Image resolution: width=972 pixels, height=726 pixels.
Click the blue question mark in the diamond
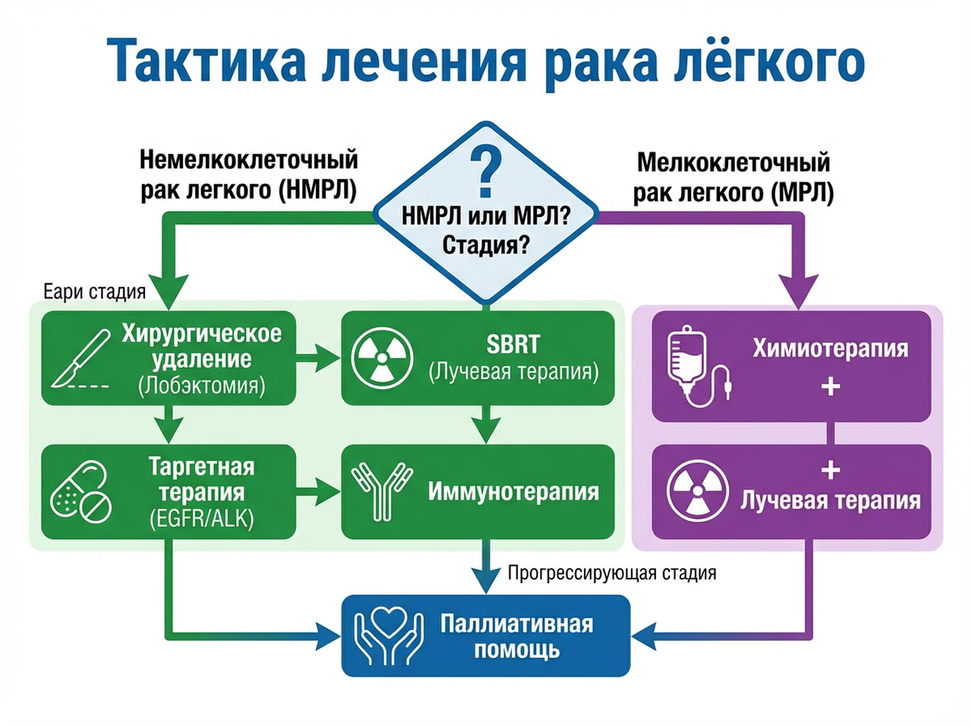[x=486, y=172]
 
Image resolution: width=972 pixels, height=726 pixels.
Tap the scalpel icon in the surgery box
[x=78, y=359]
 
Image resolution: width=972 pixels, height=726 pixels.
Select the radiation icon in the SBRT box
[x=383, y=358]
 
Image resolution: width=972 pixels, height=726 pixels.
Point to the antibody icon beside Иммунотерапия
[x=381, y=491]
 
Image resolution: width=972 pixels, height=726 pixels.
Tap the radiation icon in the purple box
[x=697, y=490]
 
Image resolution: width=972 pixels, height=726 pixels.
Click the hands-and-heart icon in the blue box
[x=390, y=636]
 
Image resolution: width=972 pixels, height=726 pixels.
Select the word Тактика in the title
[x=205, y=61]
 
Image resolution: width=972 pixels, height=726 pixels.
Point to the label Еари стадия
[x=94, y=292]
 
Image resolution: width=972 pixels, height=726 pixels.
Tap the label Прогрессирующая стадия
[x=611, y=573]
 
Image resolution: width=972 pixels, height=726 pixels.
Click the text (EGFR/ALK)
[x=201, y=519]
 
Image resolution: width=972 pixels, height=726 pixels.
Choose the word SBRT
[x=513, y=344]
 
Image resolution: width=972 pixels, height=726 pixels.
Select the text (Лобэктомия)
[x=201, y=386]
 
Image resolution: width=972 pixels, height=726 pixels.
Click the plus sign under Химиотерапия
[x=830, y=387]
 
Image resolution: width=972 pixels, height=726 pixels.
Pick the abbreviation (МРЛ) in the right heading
[x=802, y=192]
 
